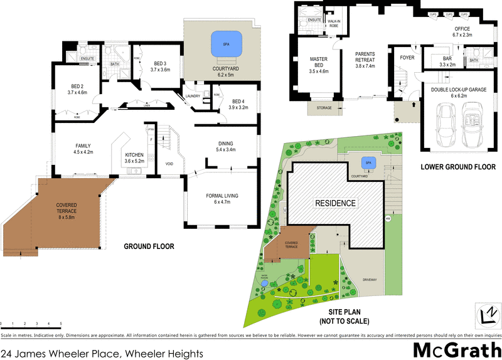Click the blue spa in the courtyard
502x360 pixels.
(x=220, y=44)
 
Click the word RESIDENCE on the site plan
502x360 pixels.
(x=335, y=203)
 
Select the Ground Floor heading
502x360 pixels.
(x=149, y=246)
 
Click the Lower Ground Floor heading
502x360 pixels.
(x=457, y=168)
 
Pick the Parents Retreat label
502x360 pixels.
(x=365, y=60)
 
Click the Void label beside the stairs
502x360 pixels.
(x=169, y=164)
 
